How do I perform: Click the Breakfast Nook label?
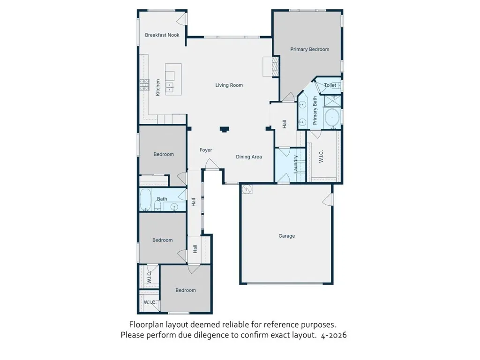pos(162,35)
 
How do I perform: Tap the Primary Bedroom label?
pos(309,49)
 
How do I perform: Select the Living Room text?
pos(229,85)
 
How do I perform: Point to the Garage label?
pos(286,236)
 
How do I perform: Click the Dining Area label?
pos(248,157)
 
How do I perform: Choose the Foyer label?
pos(206,150)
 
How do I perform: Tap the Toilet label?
pos(330,85)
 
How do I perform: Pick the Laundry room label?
pos(296,164)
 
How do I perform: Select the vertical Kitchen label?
pos(158,88)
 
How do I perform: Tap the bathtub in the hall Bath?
pos(146,200)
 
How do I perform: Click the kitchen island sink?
pos(169,86)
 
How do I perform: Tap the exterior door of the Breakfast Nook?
pos(182,19)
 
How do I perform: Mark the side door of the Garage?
pos(328,200)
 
